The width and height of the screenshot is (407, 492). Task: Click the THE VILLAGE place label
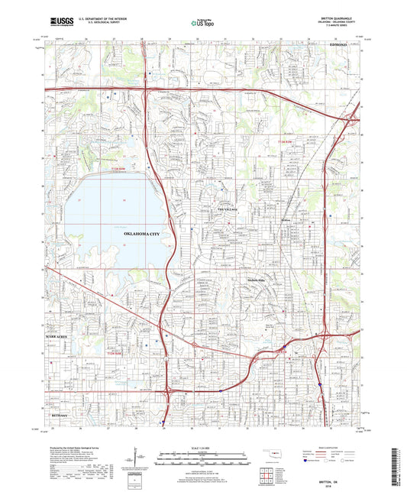228,209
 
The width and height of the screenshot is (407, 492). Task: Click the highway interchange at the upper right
353,118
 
